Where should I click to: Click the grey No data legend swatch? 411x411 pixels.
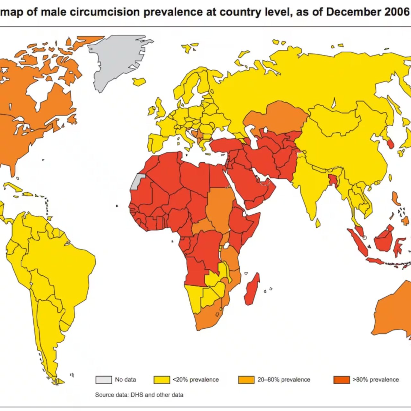click(103, 380)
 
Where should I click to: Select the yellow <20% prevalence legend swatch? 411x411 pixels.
click(162, 380)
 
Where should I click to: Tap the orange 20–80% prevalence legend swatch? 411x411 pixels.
click(246, 380)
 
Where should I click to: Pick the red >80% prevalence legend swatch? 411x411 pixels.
click(341, 380)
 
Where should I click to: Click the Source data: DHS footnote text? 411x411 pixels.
click(139, 395)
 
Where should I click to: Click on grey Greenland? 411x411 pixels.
click(114, 59)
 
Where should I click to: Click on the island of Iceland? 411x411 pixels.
click(139, 82)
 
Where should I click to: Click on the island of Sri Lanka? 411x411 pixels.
click(318, 223)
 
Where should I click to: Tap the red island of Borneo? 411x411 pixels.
click(384, 239)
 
